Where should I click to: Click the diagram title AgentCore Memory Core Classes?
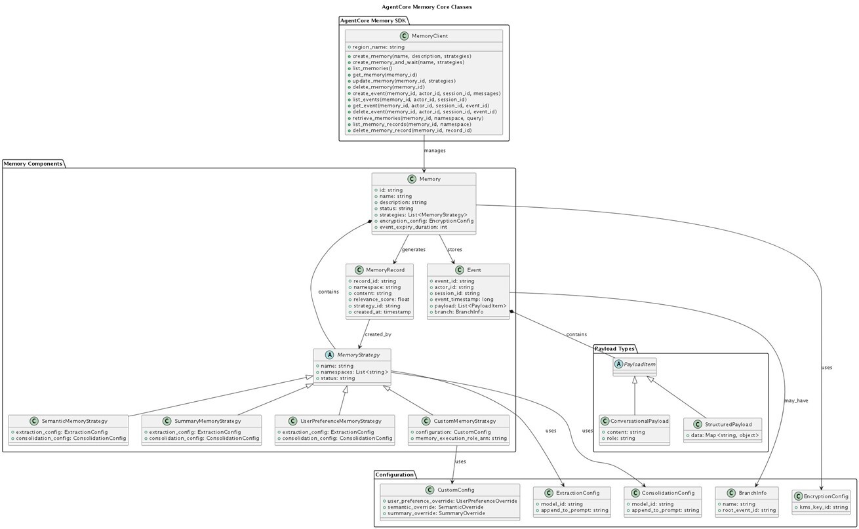[x=426, y=7]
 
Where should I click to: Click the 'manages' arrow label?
[x=435, y=150]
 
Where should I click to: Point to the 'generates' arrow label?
[x=413, y=249]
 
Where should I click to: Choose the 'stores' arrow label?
[x=455, y=249]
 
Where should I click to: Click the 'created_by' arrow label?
[x=378, y=334]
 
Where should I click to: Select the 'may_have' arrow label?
[x=795, y=400]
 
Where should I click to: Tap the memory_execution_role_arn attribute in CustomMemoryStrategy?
[x=458, y=438]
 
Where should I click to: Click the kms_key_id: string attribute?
[x=821, y=508]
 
